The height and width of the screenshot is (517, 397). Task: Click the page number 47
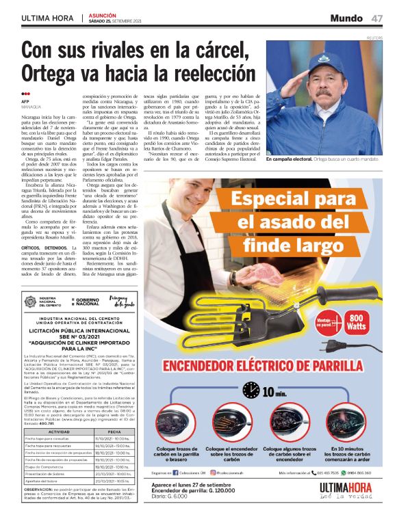pos(377,18)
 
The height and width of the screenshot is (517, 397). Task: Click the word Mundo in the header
pos(346,18)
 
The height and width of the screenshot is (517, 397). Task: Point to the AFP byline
pos(26,101)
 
